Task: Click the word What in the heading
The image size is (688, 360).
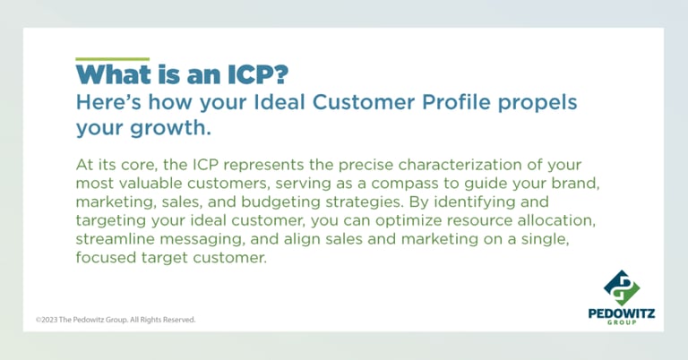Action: pos(113,74)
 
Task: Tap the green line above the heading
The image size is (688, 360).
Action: pos(112,59)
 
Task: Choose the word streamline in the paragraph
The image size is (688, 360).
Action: pos(116,239)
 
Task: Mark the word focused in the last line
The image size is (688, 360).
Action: pos(107,257)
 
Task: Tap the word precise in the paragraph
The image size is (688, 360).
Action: pos(365,167)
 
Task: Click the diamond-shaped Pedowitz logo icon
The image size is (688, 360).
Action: pos(622,288)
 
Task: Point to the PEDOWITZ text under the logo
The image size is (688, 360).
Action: pos(622,313)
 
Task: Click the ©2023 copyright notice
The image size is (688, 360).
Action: pos(116,320)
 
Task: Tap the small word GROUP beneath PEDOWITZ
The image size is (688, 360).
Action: pos(622,322)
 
